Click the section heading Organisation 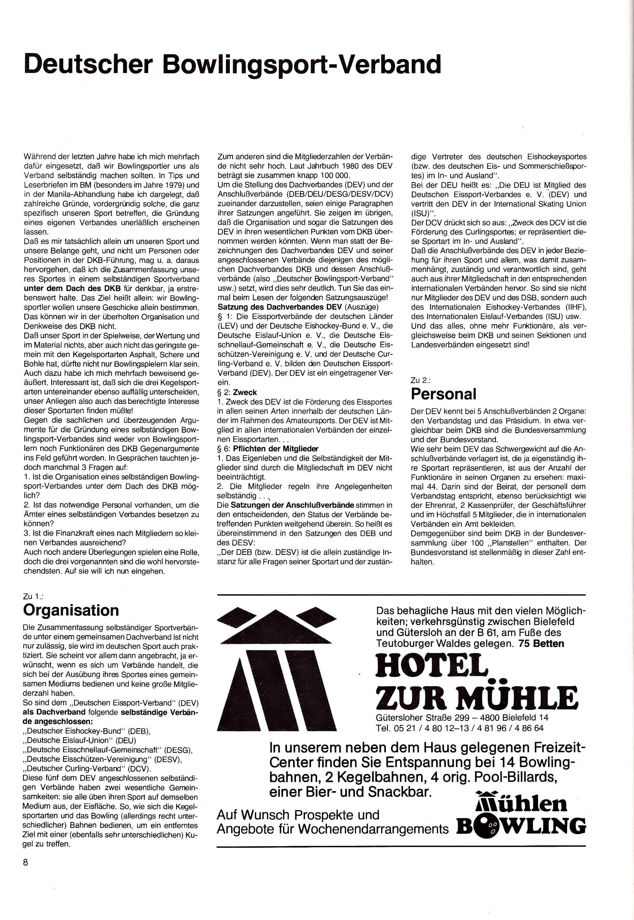71,610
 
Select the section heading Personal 443,394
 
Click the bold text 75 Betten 541,643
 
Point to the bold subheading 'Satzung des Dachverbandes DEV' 280,307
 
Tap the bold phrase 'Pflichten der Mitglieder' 275,449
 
